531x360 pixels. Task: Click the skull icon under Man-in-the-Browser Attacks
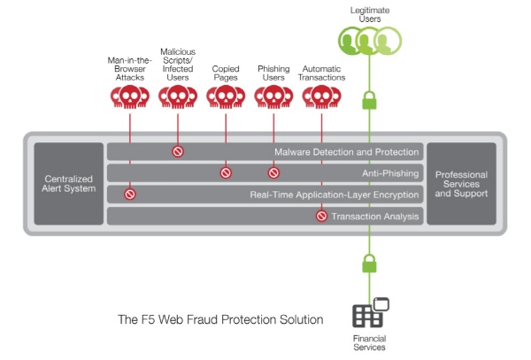coord(130,96)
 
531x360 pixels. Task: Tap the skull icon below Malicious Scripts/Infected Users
coord(178,96)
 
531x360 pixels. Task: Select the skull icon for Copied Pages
coord(226,96)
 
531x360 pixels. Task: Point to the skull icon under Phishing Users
coord(273,96)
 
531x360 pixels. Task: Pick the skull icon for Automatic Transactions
coord(322,96)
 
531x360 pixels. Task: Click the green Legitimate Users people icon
coord(370,41)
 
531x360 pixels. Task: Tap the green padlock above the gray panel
coord(369,100)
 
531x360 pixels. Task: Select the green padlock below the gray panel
coord(369,264)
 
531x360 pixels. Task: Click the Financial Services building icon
coord(371,312)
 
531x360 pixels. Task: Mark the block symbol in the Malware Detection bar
coord(178,151)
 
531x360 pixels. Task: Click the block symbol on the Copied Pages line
coord(226,172)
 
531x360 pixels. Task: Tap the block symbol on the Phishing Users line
coord(273,172)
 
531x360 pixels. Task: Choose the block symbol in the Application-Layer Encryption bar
coord(130,195)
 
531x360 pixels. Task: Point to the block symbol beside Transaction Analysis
coord(322,216)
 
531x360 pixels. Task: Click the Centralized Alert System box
coord(69,184)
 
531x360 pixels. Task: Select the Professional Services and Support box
coord(462,184)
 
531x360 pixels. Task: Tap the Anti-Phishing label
coord(390,173)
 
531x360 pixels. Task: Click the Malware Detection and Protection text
coord(347,152)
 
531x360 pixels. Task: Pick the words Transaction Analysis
coord(375,216)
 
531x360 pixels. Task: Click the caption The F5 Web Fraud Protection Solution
coord(220,319)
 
